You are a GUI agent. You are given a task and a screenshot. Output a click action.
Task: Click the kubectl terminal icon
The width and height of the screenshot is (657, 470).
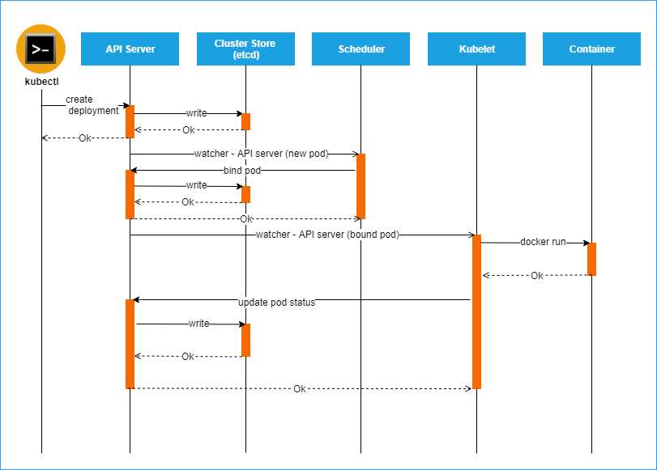click(41, 49)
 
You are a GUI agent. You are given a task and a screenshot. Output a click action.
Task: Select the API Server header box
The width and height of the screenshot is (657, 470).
click(130, 49)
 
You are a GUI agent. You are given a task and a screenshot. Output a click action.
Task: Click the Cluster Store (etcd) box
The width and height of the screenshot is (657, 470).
click(245, 49)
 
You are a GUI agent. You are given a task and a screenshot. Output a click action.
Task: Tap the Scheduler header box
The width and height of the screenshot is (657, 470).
click(360, 49)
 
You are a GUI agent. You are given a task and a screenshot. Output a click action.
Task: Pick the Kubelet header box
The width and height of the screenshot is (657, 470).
click(476, 49)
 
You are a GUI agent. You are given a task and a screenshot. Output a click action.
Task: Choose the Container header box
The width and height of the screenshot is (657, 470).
click(591, 49)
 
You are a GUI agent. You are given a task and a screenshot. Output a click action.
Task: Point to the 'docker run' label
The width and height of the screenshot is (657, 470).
click(543, 242)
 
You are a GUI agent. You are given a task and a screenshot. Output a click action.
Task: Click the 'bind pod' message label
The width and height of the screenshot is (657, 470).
click(242, 170)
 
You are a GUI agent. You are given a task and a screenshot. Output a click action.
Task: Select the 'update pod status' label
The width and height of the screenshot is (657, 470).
click(276, 302)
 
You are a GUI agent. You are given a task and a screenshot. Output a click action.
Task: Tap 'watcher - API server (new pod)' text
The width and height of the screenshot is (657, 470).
click(261, 153)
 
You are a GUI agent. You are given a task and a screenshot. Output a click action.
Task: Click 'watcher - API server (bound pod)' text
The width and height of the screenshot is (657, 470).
click(327, 235)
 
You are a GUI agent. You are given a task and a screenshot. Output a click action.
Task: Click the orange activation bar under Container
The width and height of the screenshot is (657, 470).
click(591, 259)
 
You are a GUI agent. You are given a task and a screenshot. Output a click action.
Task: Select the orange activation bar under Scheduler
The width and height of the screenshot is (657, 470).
click(360, 186)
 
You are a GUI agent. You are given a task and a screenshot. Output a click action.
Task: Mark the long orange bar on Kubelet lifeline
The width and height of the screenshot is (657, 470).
click(476, 311)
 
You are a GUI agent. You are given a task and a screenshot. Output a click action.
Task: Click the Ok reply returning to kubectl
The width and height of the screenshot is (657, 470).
click(85, 138)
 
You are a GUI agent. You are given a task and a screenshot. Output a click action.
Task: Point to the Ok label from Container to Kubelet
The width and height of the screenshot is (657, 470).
click(537, 276)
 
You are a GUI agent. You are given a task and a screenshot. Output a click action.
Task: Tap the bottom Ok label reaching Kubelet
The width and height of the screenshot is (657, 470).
click(300, 389)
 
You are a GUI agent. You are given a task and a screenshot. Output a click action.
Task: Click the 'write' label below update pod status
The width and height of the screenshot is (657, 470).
click(198, 324)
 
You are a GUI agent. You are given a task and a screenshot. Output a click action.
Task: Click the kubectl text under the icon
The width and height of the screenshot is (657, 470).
click(41, 82)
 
